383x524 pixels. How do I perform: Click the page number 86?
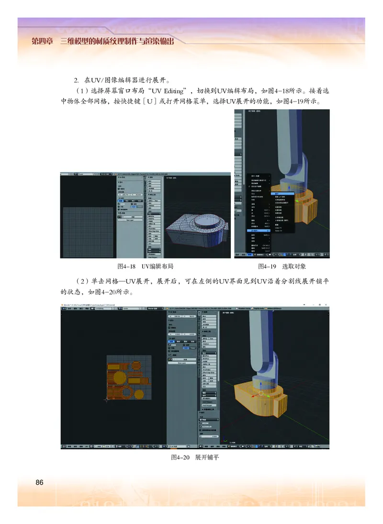[39, 482]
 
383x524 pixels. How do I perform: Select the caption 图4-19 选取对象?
[282, 266]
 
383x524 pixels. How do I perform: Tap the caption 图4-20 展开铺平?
[195, 457]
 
